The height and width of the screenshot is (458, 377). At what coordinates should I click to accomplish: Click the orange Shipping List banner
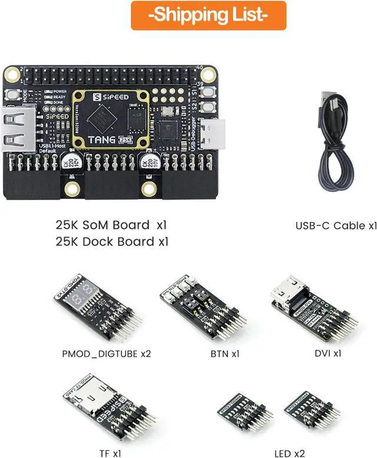(x=209, y=15)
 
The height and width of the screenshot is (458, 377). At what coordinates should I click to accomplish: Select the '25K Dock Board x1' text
(x=113, y=241)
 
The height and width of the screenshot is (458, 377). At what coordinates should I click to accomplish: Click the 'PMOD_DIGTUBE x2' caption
(x=107, y=354)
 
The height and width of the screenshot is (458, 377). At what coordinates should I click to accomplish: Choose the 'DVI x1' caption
(x=328, y=353)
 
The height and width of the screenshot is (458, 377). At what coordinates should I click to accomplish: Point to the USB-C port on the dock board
(x=208, y=134)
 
